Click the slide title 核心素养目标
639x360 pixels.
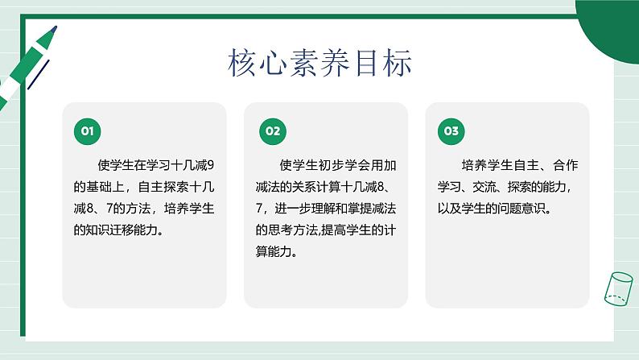pos(319,62)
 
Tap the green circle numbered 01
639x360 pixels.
pos(87,131)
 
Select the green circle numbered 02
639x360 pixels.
pos(273,131)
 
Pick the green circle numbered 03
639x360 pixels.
pos(451,131)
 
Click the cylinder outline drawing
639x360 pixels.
pos(618,288)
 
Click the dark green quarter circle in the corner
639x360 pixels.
pos(612,28)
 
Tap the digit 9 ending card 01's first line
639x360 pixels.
pos(210,165)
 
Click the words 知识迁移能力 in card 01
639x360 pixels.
pos(118,230)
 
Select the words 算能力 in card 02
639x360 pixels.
pos(274,251)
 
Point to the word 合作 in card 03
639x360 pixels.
pos(565,165)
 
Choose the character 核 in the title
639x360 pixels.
pos(241,62)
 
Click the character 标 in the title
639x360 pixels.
pos(398,62)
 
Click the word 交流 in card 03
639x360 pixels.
pos(484,187)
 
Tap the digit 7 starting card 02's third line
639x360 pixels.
pos(259,209)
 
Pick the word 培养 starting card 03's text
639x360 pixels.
pos(474,165)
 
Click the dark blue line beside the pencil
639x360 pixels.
pos(39,75)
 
